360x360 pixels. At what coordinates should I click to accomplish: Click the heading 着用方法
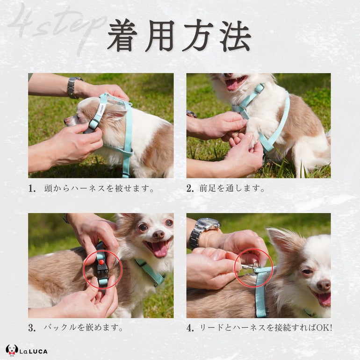pyautogui.click(x=179, y=36)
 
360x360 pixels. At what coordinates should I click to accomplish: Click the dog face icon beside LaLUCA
pyautogui.click(x=12, y=350)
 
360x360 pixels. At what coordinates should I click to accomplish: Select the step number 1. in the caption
pyautogui.click(x=32, y=189)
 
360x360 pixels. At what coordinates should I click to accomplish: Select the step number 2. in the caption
pyautogui.click(x=190, y=189)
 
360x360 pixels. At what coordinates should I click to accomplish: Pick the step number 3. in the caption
pyautogui.click(x=32, y=328)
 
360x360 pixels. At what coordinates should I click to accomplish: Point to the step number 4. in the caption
pyautogui.click(x=190, y=328)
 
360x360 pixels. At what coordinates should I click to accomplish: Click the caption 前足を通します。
pyautogui.click(x=232, y=189)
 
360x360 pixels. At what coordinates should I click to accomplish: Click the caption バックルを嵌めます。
pyautogui.click(x=84, y=328)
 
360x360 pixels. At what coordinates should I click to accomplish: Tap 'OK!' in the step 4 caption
pyautogui.click(x=324, y=328)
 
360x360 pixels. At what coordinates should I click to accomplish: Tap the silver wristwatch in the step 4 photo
pyautogui.click(x=202, y=231)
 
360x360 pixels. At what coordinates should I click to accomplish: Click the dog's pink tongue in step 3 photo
pyautogui.click(x=159, y=250)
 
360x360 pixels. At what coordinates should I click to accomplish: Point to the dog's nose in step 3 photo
pyautogui.click(x=158, y=234)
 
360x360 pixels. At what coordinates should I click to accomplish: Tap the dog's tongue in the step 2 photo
pyautogui.click(x=233, y=84)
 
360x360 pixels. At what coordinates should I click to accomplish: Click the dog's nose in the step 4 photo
pyautogui.click(x=324, y=285)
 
